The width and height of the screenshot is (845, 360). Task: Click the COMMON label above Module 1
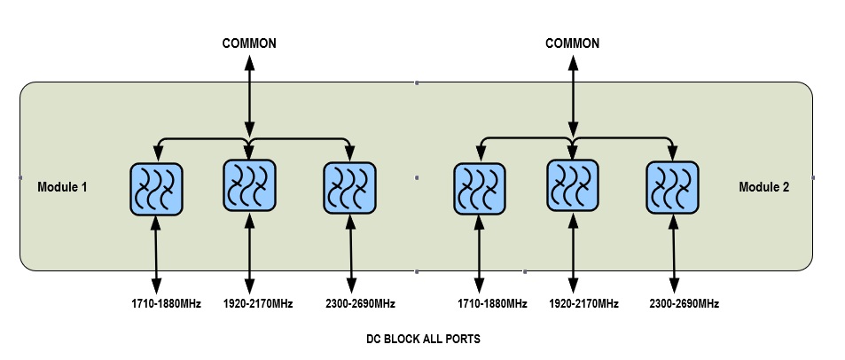point(249,43)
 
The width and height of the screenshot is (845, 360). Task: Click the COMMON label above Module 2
point(572,43)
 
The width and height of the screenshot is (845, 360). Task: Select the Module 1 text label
point(63,187)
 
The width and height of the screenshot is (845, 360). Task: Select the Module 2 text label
point(763,187)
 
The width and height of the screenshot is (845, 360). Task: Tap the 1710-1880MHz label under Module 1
point(166,304)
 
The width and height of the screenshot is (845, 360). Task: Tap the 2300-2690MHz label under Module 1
point(359,304)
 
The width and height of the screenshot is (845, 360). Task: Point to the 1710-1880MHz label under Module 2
point(492,304)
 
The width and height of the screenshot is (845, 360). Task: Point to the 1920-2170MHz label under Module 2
point(583,304)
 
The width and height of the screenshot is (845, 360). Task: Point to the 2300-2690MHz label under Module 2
point(684,304)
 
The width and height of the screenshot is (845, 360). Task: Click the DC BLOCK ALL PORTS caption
point(424,340)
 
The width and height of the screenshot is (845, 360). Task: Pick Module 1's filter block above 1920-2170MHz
point(249,185)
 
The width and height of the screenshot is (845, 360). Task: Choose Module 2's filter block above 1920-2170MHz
point(572,185)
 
